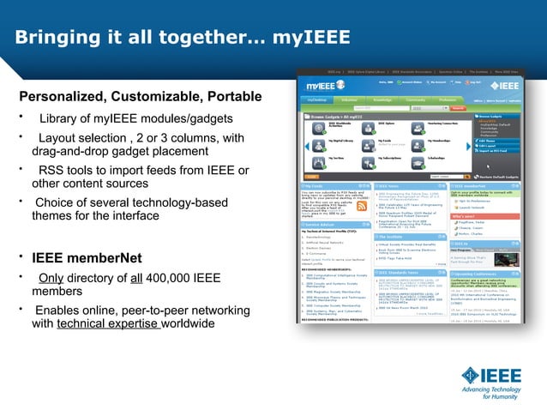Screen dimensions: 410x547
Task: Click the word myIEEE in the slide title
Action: pyautogui.click(x=310, y=38)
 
